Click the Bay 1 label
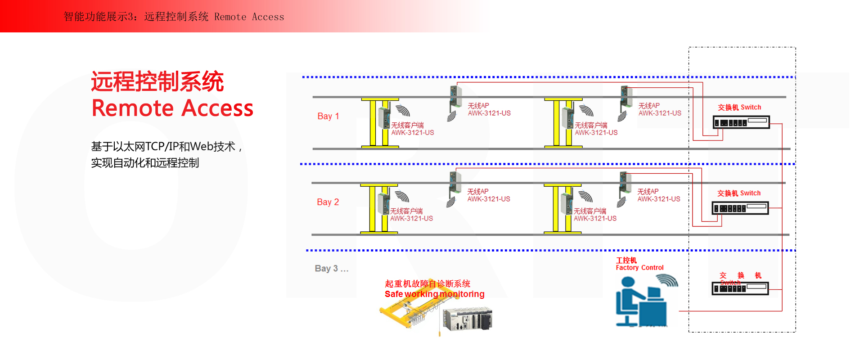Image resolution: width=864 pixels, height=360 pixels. pos(328,116)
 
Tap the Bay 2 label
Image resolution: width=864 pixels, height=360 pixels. pos(328,202)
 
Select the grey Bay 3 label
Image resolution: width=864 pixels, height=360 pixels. pos(332,269)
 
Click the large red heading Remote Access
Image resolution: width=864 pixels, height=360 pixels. pos(172,108)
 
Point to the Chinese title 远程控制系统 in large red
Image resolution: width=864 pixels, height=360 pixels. pos(157,81)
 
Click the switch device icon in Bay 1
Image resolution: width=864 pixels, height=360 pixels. pos(741,122)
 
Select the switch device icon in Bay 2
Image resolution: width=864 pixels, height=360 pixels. pos(740,208)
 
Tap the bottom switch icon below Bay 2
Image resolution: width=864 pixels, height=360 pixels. pos(740,288)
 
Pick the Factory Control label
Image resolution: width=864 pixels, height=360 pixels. pos(639,268)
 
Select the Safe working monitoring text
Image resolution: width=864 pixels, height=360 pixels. pos(434,294)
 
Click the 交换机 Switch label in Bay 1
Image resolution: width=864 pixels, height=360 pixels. pos(739,107)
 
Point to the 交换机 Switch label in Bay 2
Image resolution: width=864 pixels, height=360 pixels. pos(739,193)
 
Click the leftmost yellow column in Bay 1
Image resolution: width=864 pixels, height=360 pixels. pos(373,123)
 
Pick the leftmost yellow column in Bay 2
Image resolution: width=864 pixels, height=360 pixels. pos(372,209)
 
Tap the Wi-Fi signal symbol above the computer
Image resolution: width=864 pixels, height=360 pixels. pos(667,281)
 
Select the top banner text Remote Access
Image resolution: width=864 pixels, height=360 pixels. pos(249,17)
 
